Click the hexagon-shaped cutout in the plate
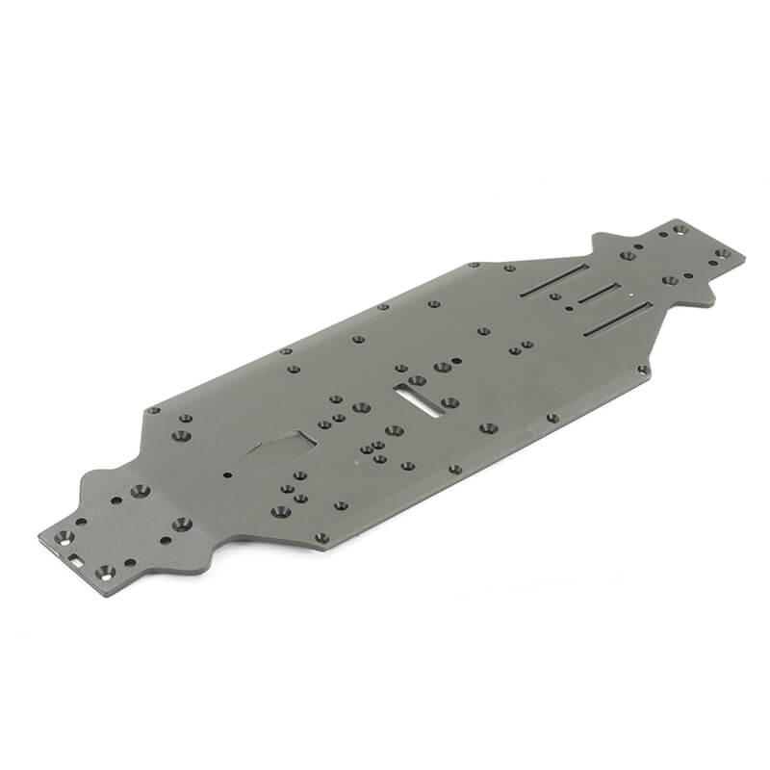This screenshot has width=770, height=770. click(x=280, y=446)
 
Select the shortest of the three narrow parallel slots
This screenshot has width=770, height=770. click(x=598, y=294)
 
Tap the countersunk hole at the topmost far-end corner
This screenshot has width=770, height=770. click(x=680, y=229)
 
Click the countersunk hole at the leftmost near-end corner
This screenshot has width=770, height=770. click(x=64, y=536)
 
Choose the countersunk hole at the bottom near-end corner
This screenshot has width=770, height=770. click(x=104, y=573)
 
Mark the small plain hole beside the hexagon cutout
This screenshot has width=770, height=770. click(x=227, y=475)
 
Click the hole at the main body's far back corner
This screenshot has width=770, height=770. click(x=473, y=265)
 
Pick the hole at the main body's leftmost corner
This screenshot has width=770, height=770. click(x=152, y=410)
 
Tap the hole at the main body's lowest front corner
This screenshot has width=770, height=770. click(x=321, y=537)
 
